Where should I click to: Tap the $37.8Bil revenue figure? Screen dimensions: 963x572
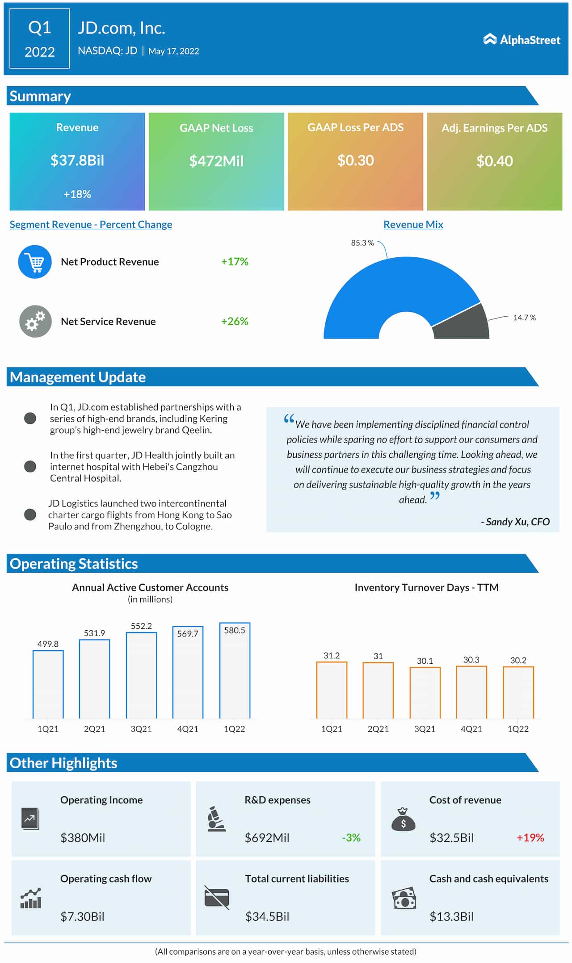click(x=77, y=160)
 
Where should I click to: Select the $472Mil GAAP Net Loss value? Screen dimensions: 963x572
click(x=216, y=161)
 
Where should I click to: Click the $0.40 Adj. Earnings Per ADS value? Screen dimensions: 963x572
click(x=494, y=161)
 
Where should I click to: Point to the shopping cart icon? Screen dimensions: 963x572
click(x=35, y=262)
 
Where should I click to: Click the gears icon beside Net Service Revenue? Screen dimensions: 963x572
click(x=35, y=321)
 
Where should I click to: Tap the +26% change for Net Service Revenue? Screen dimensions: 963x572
click(x=235, y=321)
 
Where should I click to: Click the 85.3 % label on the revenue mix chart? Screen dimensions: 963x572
click(x=362, y=243)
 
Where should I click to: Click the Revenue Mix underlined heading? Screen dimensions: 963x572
click(x=413, y=225)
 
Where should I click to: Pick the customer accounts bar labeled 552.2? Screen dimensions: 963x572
click(x=141, y=674)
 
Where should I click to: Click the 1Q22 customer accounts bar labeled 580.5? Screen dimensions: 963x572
click(x=235, y=670)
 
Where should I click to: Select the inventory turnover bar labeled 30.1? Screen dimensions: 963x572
click(x=425, y=692)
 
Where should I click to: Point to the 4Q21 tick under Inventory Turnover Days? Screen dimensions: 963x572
click(x=471, y=729)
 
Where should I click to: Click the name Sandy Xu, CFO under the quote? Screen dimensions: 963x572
click(x=515, y=522)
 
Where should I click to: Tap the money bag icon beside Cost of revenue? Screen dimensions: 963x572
click(x=403, y=820)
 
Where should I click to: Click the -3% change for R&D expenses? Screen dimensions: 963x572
click(x=351, y=837)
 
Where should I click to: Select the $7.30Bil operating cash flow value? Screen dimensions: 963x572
click(x=82, y=917)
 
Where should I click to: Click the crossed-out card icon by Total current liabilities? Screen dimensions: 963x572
click(x=217, y=897)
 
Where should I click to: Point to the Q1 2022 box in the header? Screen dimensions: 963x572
click(x=40, y=39)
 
